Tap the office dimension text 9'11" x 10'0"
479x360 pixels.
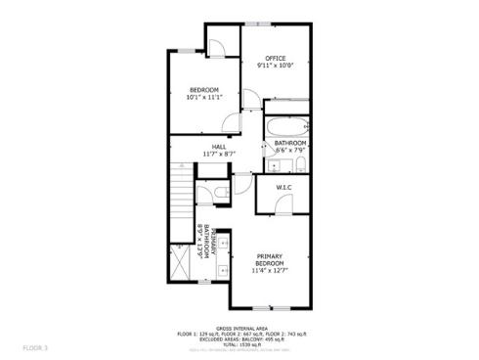pos(275,66)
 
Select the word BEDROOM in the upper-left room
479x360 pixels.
pos(204,89)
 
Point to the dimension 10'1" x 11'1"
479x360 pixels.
pos(204,97)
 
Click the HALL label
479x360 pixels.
pos(206,147)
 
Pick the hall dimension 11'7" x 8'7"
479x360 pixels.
pos(206,155)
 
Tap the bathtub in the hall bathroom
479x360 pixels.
pos(286,126)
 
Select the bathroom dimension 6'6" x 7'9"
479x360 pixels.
pos(289,150)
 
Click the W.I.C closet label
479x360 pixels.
pos(284,186)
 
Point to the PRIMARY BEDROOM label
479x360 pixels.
pos(269,260)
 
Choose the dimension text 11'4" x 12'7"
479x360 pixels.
pos(269,272)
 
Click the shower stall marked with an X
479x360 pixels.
pos(181,260)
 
